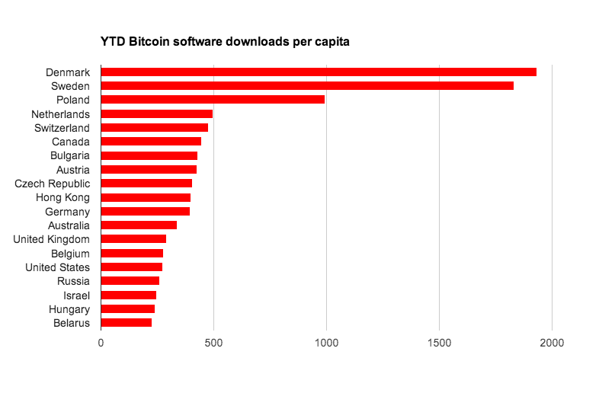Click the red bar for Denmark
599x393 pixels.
(x=319, y=72)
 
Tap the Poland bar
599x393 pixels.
(x=213, y=100)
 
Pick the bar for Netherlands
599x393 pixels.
(x=156, y=113)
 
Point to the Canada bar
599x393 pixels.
(x=151, y=142)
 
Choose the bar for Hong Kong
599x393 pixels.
(x=146, y=197)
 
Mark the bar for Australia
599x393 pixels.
(x=139, y=225)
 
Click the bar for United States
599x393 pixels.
(x=131, y=267)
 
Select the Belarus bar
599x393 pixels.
(x=126, y=323)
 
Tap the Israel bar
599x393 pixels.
(x=128, y=295)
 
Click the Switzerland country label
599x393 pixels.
(x=62, y=128)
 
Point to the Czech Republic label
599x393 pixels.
(x=53, y=184)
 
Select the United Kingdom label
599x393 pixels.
(x=52, y=239)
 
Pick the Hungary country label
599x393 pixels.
(x=69, y=309)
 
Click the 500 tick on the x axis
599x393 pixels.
(x=213, y=343)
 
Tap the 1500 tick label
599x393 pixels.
(x=439, y=343)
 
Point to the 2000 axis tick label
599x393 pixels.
(x=552, y=343)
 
